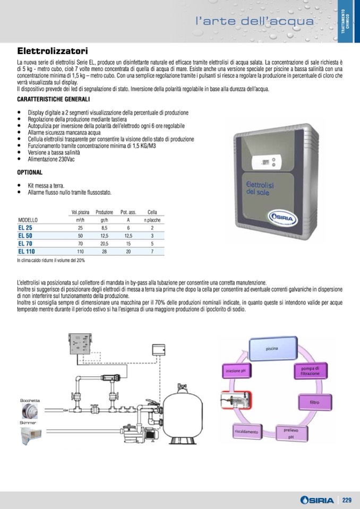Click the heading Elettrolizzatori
coord(52,52)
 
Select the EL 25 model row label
coord(25,227)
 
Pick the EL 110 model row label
coord(27,251)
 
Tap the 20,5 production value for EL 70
coord(105,243)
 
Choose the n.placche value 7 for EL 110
coord(152,251)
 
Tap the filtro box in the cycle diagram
coord(314,403)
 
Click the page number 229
coord(347,500)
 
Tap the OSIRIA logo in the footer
coord(316,500)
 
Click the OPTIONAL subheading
coord(30,172)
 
